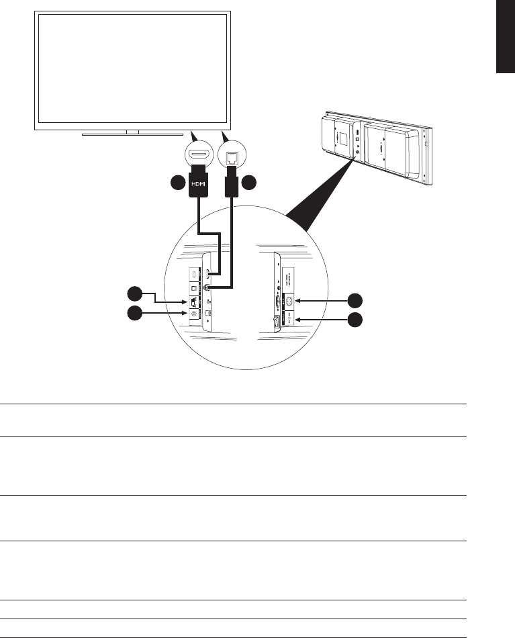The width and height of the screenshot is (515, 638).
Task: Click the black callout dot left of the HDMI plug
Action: [177, 183]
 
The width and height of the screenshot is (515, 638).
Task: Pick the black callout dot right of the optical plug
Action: [250, 183]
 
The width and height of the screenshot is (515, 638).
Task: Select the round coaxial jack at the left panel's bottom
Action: [195, 314]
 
